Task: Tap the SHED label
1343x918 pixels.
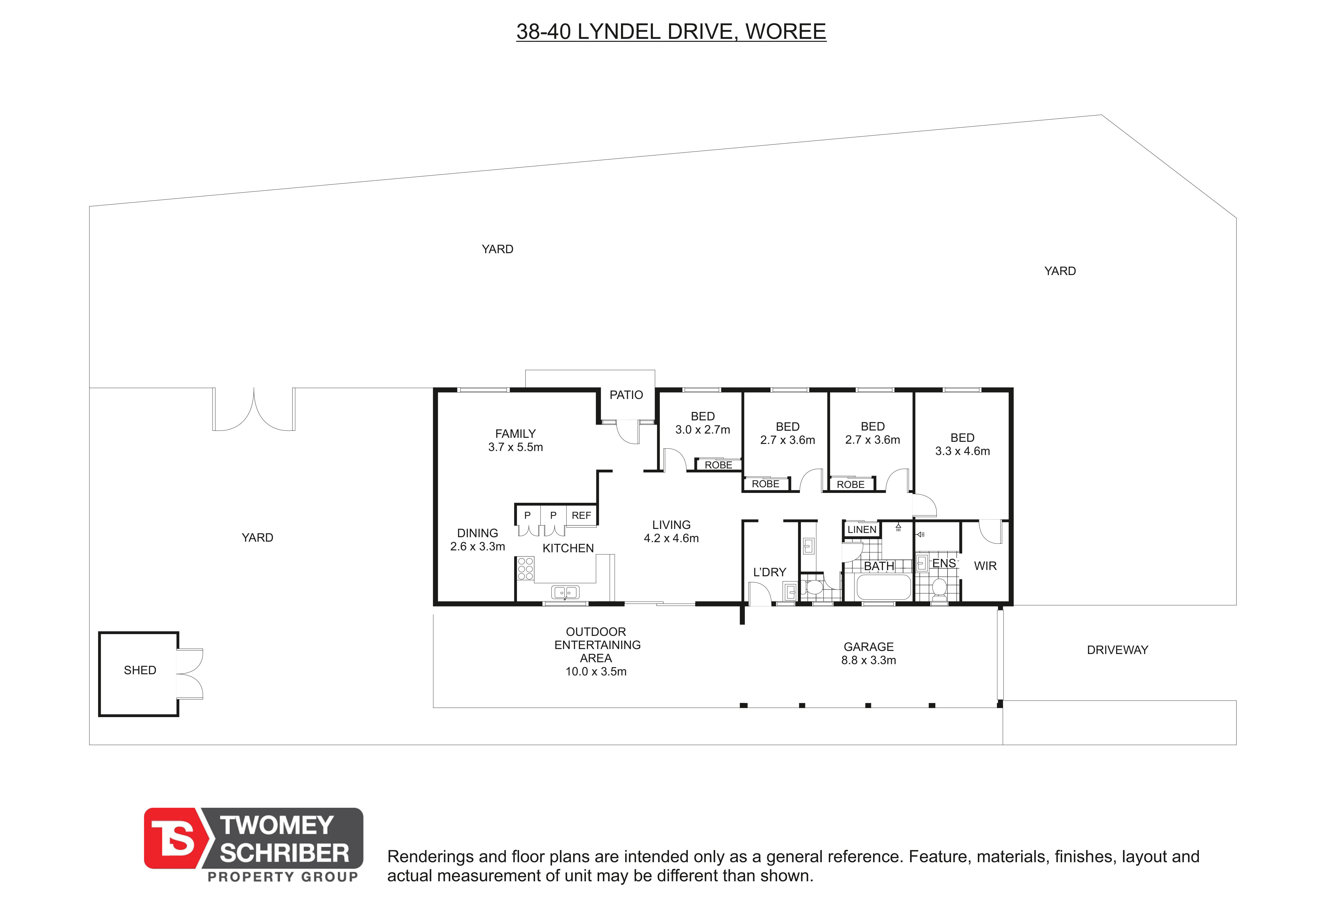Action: (140, 670)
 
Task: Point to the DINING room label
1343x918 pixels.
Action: (477, 539)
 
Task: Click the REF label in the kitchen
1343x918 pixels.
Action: (581, 515)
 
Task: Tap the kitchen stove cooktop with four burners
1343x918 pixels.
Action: (525, 568)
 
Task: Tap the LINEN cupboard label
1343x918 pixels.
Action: (862, 529)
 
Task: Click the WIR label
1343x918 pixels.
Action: (985, 566)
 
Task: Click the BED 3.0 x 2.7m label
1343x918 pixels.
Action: (703, 422)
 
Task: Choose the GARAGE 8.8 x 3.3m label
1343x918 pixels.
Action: (869, 653)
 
